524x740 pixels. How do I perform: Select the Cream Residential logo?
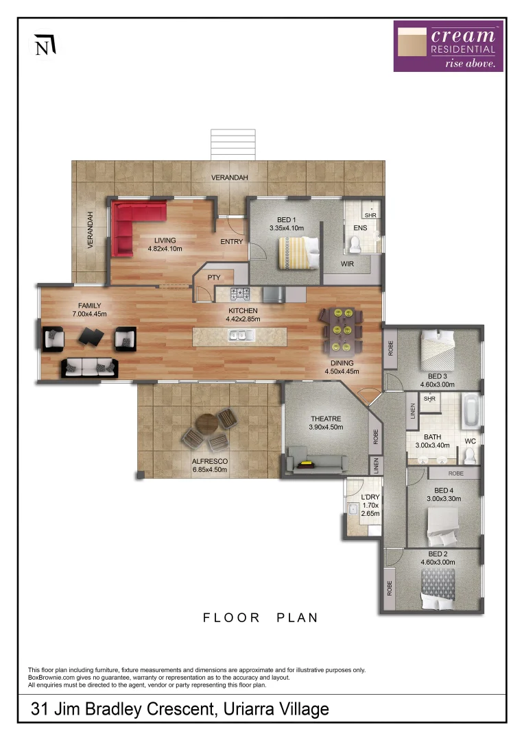(x=448, y=46)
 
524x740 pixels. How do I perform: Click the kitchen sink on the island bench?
(x=242, y=335)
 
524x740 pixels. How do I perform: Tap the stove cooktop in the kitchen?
(x=241, y=295)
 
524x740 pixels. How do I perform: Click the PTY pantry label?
(x=213, y=277)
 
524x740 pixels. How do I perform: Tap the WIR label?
(x=347, y=264)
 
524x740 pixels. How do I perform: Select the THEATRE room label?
(x=325, y=419)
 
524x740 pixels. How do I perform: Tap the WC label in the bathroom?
(x=470, y=441)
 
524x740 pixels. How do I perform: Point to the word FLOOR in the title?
(x=231, y=617)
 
